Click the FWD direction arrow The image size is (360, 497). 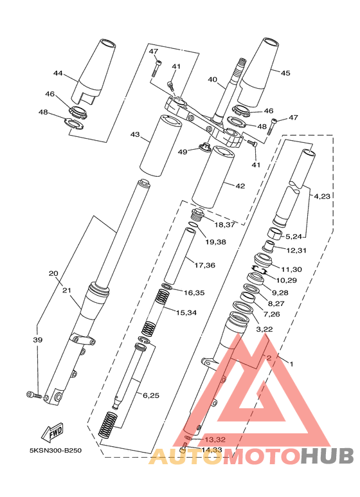tap(53, 431)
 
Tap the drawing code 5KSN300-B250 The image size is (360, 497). tap(55, 451)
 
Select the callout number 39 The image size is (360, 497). tap(38, 339)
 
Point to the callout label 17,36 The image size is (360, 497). tap(204, 265)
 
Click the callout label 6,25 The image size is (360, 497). tap(151, 395)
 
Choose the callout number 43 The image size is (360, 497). tap(135, 135)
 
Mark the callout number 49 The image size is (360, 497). tap(182, 152)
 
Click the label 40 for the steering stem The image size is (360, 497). tap(212, 79)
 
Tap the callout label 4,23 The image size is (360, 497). tap(322, 196)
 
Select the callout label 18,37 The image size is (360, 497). tap(224, 225)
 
